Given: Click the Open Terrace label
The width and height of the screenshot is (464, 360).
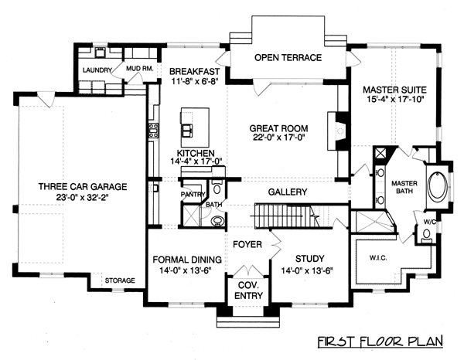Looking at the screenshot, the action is (x=288, y=57).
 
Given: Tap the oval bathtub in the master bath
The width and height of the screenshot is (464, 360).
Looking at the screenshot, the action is (x=438, y=186).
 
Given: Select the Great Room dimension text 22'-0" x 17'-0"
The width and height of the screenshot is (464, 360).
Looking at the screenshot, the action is (x=278, y=138).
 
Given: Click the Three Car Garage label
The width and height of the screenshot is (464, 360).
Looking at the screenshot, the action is (x=83, y=186).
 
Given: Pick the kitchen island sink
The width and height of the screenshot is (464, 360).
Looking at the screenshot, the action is (x=186, y=131).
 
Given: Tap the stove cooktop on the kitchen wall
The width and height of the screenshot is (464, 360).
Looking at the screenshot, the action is (x=153, y=131).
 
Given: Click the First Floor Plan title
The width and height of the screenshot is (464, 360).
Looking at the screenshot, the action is (x=380, y=341).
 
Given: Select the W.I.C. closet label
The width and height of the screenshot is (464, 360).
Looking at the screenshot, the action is (x=378, y=258).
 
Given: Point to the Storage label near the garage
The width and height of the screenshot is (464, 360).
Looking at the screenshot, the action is (x=120, y=280).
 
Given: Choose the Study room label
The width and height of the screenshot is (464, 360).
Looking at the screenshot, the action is (x=310, y=259).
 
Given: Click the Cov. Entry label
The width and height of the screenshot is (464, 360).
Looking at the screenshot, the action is (x=248, y=290).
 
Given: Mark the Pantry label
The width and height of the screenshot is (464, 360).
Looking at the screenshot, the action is (x=193, y=194).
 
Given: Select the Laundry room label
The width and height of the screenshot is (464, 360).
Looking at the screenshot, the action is (x=97, y=70).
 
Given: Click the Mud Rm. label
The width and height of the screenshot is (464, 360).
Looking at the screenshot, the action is (x=140, y=69).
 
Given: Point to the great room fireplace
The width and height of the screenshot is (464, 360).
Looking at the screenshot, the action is (x=337, y=131).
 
